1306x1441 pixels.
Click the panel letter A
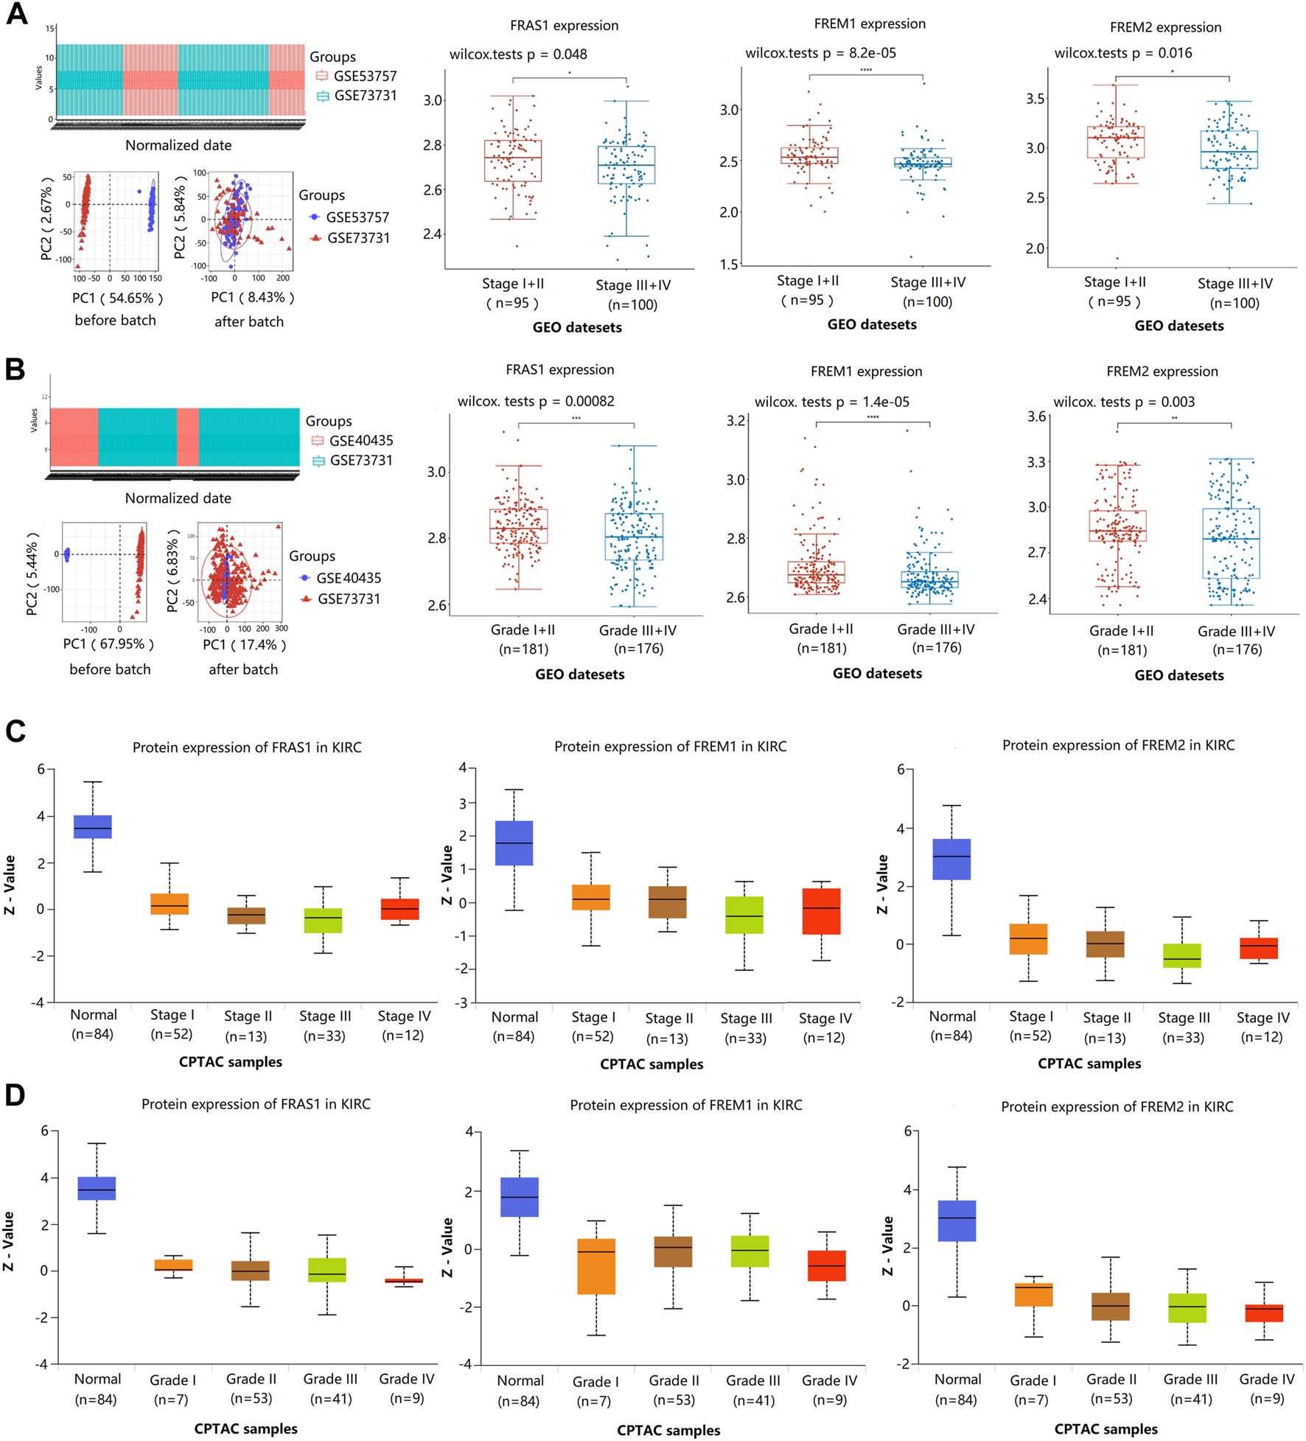pyautogui.click(x=16, y=15)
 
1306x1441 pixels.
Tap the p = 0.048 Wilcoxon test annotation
pyautogui.click(x=518, y=54)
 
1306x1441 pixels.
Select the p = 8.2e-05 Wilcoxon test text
pyautogui.click(x=820, y=53)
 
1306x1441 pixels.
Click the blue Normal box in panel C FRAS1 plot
pyautogui.click(x=93, y=826)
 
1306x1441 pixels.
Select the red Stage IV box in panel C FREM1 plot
pyautogui.click(x=821, y=911)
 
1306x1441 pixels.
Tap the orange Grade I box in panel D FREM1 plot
pyautogui.click(x=596, y=1266)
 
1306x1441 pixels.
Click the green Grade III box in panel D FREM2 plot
pyautogui.click(x=1187, y=1307)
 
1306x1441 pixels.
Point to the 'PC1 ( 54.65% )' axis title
pyautogui.click(x=117, y=298)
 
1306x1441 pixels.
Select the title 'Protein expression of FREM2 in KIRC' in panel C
pyautogui.click(x=1117, y=745)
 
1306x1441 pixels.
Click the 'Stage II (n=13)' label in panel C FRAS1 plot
pyautogui.click(x=248, y=1025)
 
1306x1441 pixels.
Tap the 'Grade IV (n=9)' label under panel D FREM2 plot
pyautogui.click(x=1266, y=1388)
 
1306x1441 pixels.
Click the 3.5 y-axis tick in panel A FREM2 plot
pyautogui.click(x=1036, y=99)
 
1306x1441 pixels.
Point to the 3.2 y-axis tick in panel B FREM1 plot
pyautogui.click(x=736, y=421)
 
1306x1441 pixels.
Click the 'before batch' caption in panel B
pyautogui.click(x=110, y=669)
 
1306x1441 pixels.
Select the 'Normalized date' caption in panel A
pyautogui.click(x=178, y=145)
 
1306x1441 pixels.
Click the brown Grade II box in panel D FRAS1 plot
pyautogui.click(x=250, y=1270)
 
